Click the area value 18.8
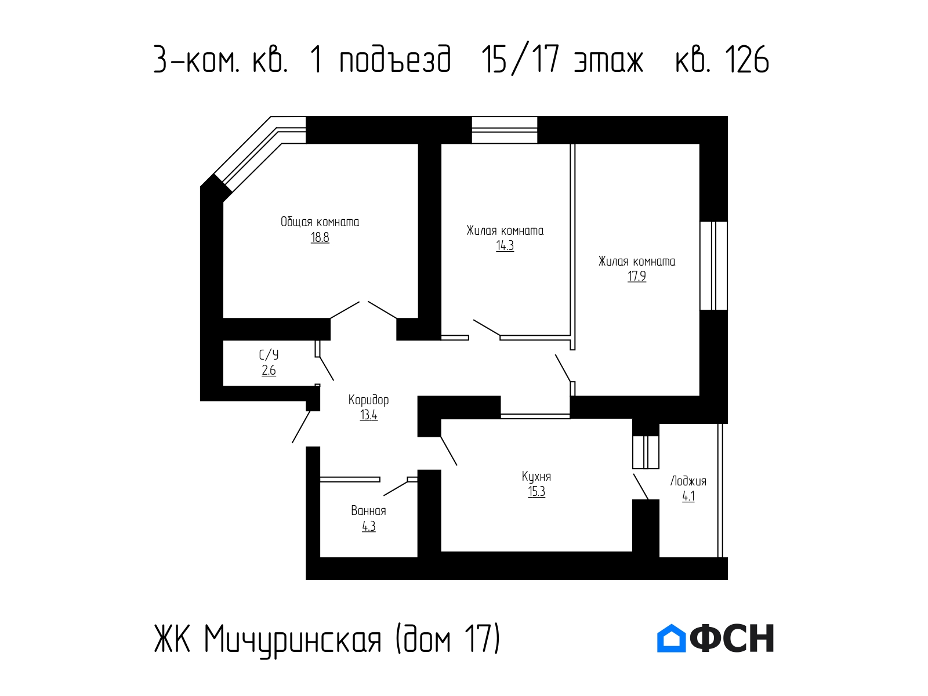(320, 237)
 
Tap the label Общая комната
(320, 222)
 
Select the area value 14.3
(505, 245)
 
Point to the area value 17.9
(636, 276)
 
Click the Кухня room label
(536, 477)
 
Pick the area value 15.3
(536, 492)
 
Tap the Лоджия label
(688, 481)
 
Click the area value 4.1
(688, 496)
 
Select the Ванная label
(368, 511)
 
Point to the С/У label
(269, 355)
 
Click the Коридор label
(368, 400)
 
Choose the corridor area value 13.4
(368, 415)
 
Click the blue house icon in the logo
(671, 638)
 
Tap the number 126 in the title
(746, 60)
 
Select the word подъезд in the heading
(396, 60)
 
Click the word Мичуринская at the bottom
(292, 639)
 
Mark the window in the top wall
(505, 130)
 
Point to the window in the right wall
(713, 266)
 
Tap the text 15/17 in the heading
(520, 60)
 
